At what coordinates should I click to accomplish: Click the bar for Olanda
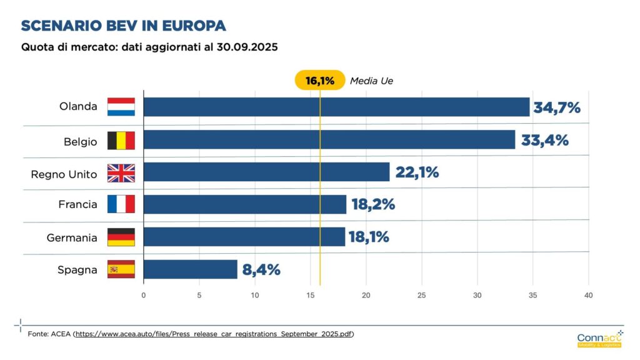[336, 107]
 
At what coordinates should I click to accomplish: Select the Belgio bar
[329, 139]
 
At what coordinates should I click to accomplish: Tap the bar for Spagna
[190, 269]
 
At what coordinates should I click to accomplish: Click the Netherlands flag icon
[121, 107]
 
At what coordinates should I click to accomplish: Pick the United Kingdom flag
[121, 172]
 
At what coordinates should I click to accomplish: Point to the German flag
[121, 237]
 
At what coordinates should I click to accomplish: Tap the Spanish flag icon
[121, 269]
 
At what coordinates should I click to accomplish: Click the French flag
[121, 204]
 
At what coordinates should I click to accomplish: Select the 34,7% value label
[556, 107]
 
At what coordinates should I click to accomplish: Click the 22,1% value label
[416, 172]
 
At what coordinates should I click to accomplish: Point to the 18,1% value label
[369, 237]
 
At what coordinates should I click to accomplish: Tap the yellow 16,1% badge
[319, 81]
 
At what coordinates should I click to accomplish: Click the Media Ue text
[371, 81]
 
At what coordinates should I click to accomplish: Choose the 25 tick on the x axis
[422, 295]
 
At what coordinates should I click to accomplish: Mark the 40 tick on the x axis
[588, 295]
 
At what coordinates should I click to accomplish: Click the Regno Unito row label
[64, 174]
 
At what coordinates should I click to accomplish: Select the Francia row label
[77, 204]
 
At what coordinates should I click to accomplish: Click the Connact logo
[599, 339]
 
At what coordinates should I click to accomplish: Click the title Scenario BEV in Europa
[123, 26]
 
